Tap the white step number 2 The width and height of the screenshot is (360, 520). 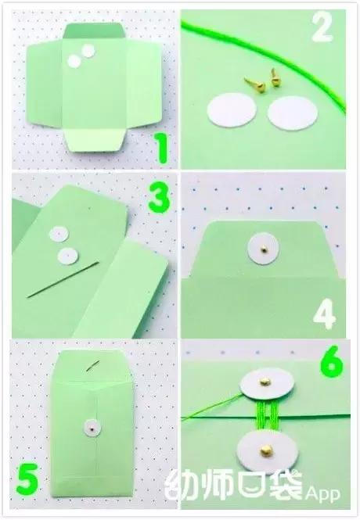pos(322,27)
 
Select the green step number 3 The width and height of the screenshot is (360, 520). pos(159,199)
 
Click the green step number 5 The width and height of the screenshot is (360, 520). pos(27,479)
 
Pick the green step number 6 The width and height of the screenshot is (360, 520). pos(332,361)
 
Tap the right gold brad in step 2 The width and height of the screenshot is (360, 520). pos(275,77)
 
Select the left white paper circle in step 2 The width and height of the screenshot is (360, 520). pos(232,110)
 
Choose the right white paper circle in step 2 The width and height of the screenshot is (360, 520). pos(293,114)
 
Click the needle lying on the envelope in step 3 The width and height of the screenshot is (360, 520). pos(63,280)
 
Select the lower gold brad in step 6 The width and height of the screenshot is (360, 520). pos(265,450)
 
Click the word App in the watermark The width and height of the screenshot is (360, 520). pos(322,493)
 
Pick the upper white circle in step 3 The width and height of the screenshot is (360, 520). pos(59,235)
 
